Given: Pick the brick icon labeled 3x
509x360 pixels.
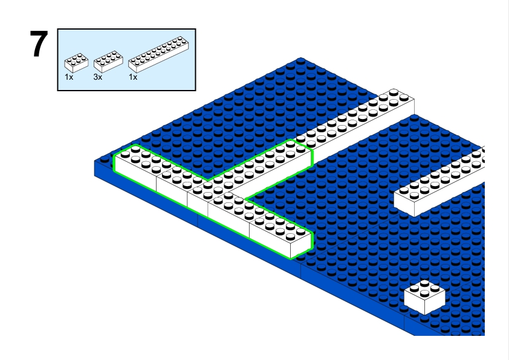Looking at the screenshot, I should tap(108, 62).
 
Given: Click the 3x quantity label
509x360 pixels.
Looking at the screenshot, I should tap(97, 77).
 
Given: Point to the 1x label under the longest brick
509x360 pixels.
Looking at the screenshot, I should tap(133, 77).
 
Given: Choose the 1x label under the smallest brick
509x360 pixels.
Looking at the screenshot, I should tap(69, 77).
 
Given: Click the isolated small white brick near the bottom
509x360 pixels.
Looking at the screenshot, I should tap(424, 295).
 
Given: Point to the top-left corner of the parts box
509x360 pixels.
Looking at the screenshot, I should tap(58, 28).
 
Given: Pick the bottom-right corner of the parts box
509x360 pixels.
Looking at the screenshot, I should tap(196, 90).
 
